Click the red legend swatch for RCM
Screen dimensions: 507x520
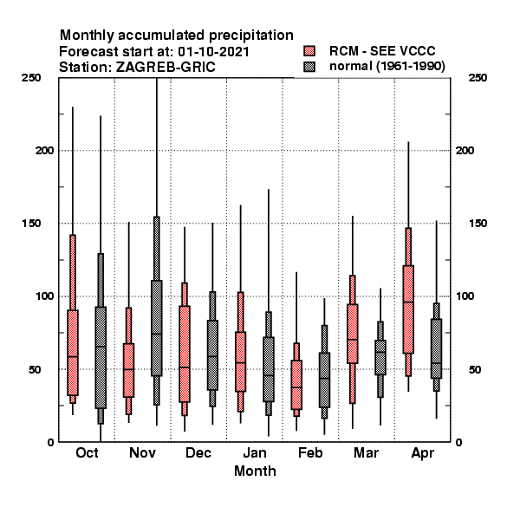coord(309,51)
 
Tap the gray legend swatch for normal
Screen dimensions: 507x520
coord(309,67)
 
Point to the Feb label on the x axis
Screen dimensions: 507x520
coord(310,452)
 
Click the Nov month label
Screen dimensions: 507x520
coord(142,452)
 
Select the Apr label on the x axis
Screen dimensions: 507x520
coord(422,453)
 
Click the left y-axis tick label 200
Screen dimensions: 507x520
coord(44,150)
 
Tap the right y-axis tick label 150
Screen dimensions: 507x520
coord(478,224)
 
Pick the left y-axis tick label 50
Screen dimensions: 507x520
coord(36,369)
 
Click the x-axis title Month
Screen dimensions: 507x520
coord(255,471)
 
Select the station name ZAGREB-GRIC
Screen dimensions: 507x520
coord(166,68)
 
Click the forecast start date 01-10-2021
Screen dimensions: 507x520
coord(213,52)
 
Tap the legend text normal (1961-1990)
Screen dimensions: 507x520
coord(387,67)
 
